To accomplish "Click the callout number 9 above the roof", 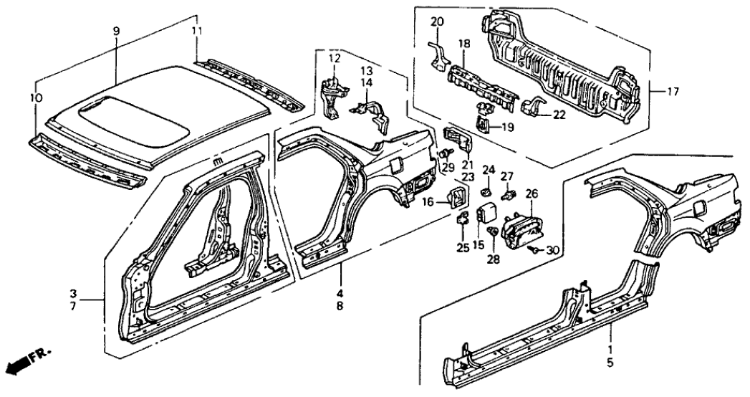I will [116, 31].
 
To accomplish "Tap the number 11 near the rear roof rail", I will [197, 31].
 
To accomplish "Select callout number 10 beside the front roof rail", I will [37, 97].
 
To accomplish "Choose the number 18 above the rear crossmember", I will [464, 44].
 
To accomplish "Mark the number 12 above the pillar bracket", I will [335, 57].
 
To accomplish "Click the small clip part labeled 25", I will [462, 219].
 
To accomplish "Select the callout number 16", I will [428, 203].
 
